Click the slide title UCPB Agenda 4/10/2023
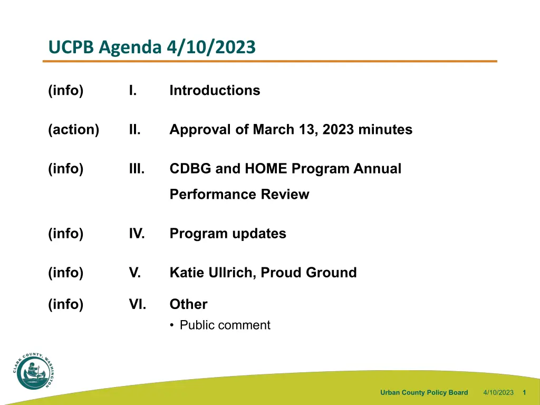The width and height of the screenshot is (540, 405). [x=152, y=47]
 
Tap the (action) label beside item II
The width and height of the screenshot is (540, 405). [x=74, y=130]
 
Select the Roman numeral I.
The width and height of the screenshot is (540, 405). [x=133, y=90]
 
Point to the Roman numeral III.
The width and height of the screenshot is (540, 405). [x=137, y=169]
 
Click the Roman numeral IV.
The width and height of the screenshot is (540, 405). [x=137, y=234]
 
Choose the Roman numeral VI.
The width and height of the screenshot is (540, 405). [x=138, y=304]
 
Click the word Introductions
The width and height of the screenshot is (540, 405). [x=215, y=90]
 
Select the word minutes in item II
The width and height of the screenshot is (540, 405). [x=385, y=130]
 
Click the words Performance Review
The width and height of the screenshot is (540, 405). [x=239, y=194]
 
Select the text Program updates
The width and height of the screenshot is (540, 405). [x=228, y=234]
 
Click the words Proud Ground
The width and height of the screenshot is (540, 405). [x=308, y=273]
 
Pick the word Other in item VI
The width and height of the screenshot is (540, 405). [x=188, y=304]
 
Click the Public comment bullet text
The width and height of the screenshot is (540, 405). [x=225, y=325]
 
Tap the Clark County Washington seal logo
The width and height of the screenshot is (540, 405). [x=34, y=371]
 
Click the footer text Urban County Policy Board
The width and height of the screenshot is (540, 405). [x=424, y=392]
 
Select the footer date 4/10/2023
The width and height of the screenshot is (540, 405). [x=498, y=392]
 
